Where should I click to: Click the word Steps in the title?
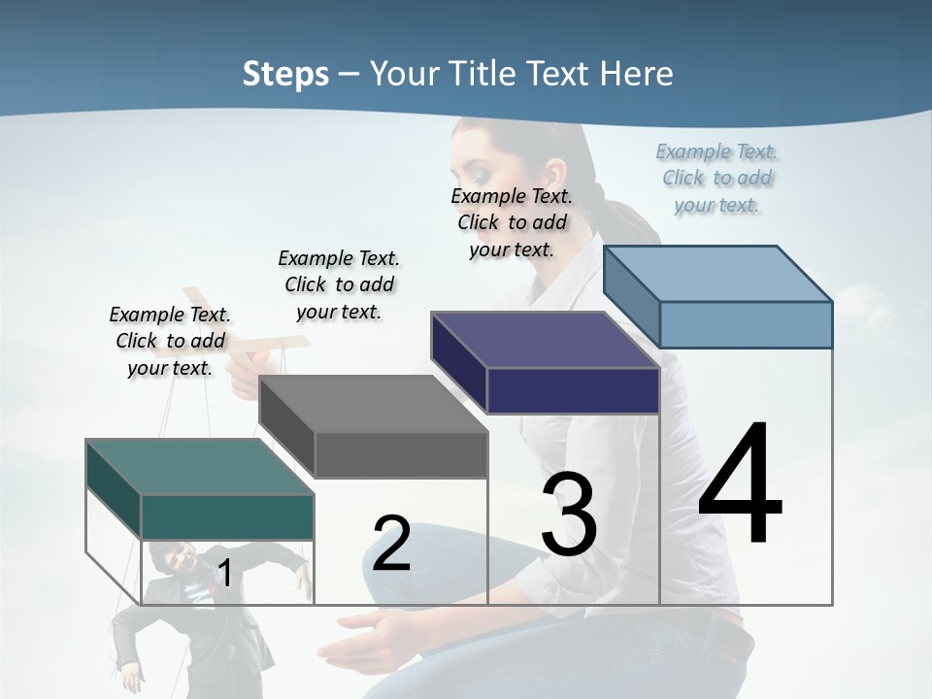point(285,74)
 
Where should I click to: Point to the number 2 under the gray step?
point(391,543)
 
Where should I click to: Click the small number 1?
point(224,574)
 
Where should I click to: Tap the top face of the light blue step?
point(718,273)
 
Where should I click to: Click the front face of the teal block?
point(227,516)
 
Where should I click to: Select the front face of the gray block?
point(401,454)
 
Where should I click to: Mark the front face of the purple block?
point(573,390)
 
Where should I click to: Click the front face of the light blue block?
point(746,324)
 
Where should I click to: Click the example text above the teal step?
point(170,341)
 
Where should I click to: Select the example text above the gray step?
point(339,284)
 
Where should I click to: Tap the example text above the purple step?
point(512,222)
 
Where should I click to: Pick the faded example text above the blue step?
point(717,178)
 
